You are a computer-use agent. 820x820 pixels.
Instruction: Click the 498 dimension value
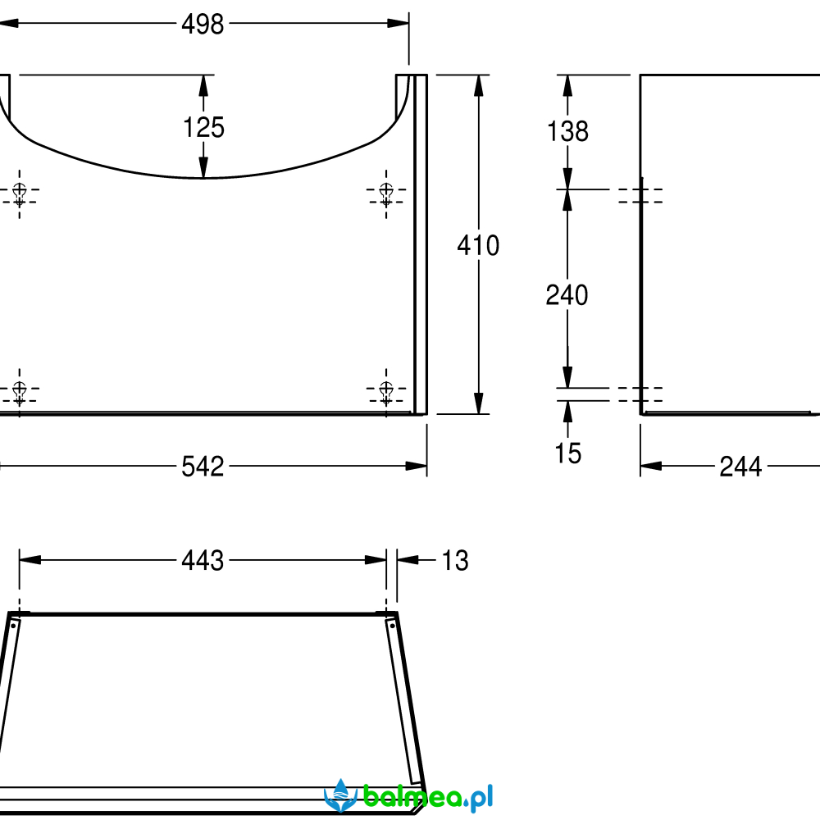click(x=203, y=24)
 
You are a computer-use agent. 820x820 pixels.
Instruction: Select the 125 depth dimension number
click(x=204, y=128)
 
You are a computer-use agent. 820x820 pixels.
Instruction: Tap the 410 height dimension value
click(x=479, y=245)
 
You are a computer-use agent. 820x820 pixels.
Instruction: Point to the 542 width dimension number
click(x=203, y=467)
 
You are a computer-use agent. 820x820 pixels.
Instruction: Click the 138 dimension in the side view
click(x=567, y=131)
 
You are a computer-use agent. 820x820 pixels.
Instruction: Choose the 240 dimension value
click(x=567, y=295)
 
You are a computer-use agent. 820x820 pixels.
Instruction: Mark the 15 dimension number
click(x=568, y=453)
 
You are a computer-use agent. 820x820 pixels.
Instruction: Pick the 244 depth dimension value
click(x=740, y=467)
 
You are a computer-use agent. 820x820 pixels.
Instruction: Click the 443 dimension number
click(x=203, y=561)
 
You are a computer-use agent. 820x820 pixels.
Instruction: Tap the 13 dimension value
click(x=455, y=561)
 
